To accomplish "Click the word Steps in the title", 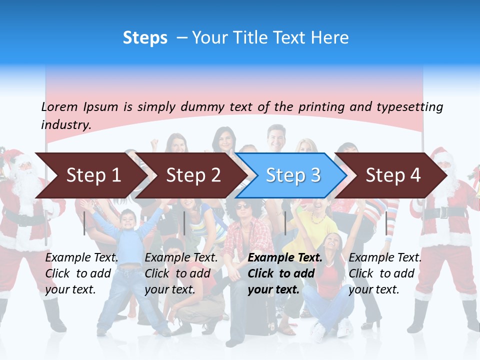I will click(145, 38).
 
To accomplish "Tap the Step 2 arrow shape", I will click(193, 175).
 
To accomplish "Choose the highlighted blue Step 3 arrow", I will click(292, 175).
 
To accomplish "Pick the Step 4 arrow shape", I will click(392, 175).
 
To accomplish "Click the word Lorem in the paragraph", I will click(59, 107).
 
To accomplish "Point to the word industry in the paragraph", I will click(65, 125).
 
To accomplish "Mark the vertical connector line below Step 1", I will click(84, 223).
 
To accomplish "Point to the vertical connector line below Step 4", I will click(386, 223).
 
